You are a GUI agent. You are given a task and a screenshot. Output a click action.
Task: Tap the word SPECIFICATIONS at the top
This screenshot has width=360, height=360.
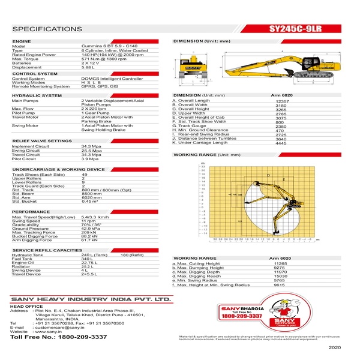(x=46, y=28)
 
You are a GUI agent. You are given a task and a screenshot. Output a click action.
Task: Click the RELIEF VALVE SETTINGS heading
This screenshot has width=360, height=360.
(x=41, y=140)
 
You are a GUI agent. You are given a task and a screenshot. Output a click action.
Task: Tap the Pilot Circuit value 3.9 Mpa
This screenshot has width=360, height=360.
(x=89, y=159)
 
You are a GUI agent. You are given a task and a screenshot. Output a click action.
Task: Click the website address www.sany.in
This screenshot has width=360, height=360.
(x=50, y=332)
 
